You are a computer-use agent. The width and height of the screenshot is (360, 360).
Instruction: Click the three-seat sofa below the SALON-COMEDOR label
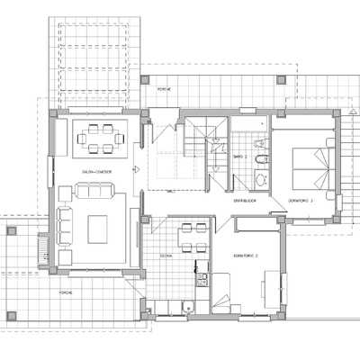(x=94, y=191)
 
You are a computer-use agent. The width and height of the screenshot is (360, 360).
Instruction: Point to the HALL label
(x=172, y=192)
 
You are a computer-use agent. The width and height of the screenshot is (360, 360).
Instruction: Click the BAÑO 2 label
(x=239, y=157)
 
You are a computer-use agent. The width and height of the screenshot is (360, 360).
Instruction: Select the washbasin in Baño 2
(x=260, y=179)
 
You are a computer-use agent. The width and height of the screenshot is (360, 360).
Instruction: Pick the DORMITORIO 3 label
(x=300, y=200)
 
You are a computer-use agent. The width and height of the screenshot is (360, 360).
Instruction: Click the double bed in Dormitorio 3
(x=309, y=164)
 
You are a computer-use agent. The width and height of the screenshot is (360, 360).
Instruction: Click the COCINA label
(x=166, y=256)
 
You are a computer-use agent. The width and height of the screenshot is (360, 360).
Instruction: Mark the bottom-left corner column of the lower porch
(x=12, y=315)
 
